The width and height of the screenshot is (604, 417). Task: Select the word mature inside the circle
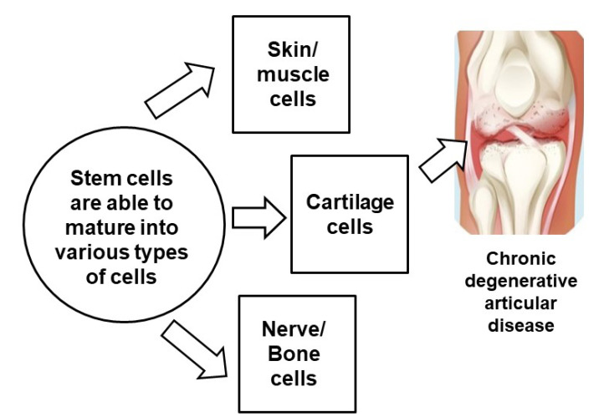[x=97, y=226]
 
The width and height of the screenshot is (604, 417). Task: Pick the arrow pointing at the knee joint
[x=442, y=156]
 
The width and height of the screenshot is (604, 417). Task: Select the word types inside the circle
[x=140, y=252]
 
